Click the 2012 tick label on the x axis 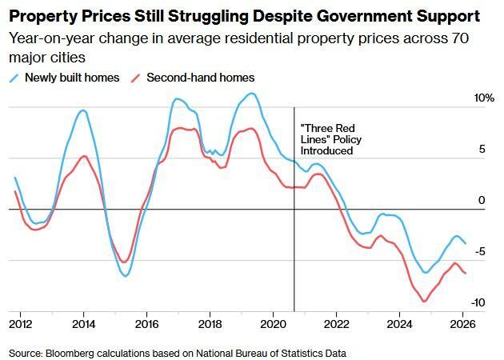coord(21,324)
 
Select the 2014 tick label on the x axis coord(84,324)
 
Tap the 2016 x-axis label coord(146,324)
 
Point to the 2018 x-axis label coord(210,324)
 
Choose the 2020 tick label coord(273,324)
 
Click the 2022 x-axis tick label coord(335,324)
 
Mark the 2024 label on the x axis coord(398,324)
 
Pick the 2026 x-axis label coord(462,324)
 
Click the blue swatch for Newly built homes coord(15,78)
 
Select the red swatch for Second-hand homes coord(137,78)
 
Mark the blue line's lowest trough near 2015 coord(126,276)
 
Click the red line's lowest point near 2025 coord(424,302)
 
